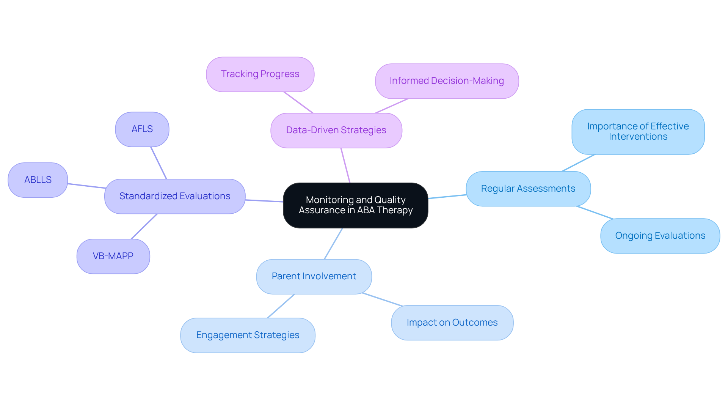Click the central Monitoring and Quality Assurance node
[355, 205]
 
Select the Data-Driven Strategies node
[336, 130]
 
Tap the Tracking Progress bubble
[260, 74]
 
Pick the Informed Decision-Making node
[447, 81]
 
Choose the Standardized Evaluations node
[175, 196]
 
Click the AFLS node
[142, 129]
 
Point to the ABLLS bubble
[38, 180]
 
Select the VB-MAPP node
[113, 256]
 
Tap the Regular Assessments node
[528, 189]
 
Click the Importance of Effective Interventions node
[638, 132]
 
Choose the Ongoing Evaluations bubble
[660, 236]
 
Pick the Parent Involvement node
[314, 276]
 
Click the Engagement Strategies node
[248, 335]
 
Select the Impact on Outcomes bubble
[452, 323]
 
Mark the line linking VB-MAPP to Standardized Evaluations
[144, 227]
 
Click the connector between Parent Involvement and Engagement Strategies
[281, 306]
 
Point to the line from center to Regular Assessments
[447, 197]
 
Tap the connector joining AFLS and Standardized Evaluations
[158, 163]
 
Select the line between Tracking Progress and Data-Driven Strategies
[298, 102]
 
